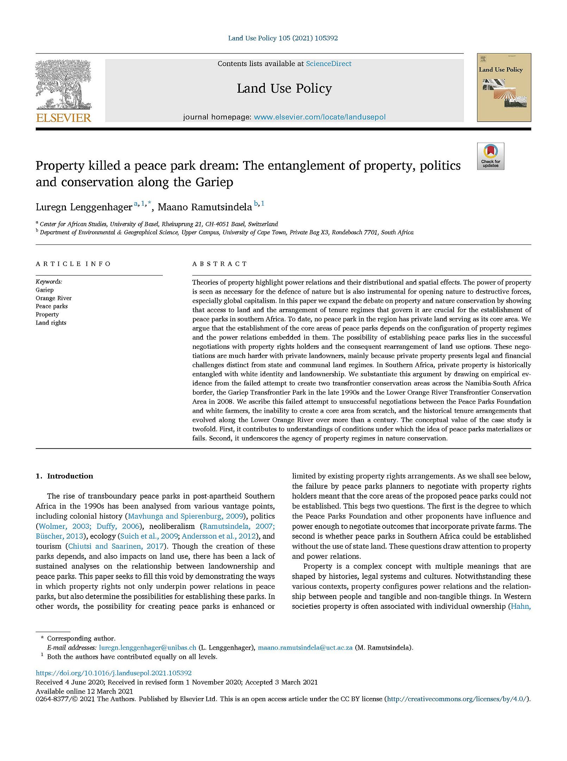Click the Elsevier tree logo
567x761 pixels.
63,85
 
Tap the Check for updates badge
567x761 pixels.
490,156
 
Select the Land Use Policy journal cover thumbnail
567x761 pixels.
504,87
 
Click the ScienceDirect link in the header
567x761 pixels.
328,64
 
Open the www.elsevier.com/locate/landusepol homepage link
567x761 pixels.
319,117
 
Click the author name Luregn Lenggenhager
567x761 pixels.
84,207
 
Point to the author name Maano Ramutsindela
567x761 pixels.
205,207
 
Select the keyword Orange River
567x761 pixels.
54,298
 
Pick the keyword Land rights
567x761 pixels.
51,323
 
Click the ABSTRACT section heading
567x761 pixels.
220,264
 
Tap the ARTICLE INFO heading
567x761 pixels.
73,264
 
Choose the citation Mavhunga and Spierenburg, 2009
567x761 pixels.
186,516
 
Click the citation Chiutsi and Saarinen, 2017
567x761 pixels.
116,546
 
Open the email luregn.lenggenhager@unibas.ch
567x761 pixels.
148,648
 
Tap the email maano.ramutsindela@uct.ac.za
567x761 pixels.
305,648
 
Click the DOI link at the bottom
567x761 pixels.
114,673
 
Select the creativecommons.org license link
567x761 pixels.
457,699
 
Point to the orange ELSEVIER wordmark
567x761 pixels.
64,118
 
